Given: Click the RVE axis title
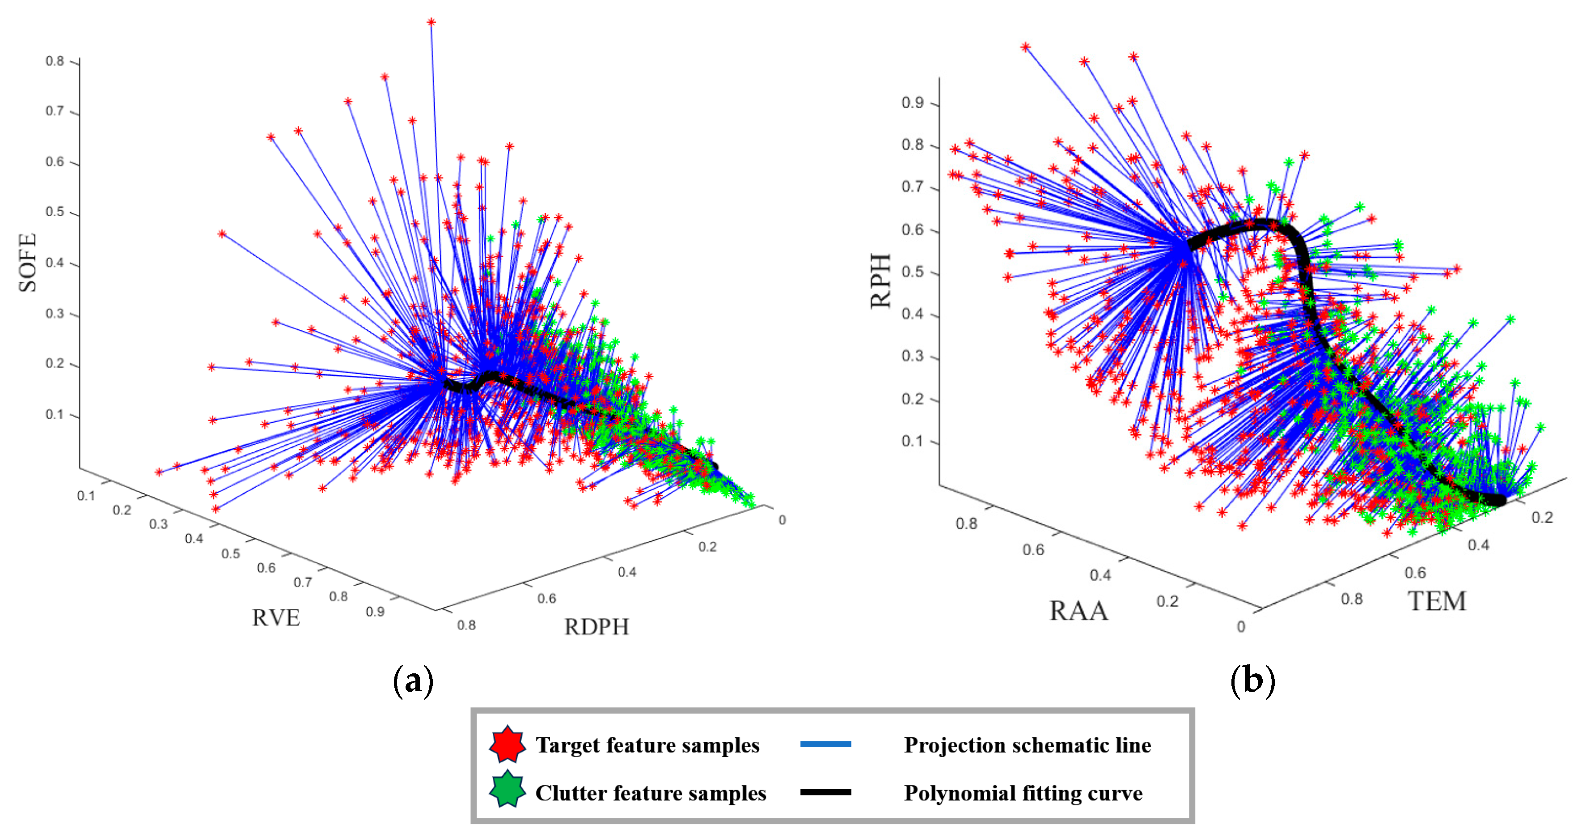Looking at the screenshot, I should point(276,617).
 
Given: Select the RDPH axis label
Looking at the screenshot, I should point(596,627).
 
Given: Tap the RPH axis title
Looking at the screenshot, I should point(880,281).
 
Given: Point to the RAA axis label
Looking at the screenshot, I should point(1078,611).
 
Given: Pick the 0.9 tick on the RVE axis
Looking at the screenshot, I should point(375,612).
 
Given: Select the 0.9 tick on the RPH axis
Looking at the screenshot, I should point(913,103).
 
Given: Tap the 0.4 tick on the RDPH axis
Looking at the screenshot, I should point(627,572).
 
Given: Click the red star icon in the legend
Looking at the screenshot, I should point(508,744).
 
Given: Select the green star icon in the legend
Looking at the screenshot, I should point(508,790).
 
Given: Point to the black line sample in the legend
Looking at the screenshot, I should point(825,792).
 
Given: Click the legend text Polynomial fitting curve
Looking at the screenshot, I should point(1023,793).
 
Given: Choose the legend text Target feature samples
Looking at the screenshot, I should point(647,745).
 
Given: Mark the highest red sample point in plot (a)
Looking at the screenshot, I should point(431,22).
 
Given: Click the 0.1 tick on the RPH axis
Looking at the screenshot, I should point(913,441).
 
